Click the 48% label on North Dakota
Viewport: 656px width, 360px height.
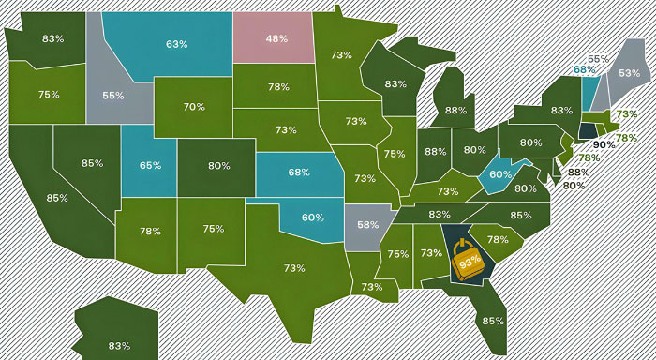pyautogui.click(x=276, y=39)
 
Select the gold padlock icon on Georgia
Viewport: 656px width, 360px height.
pyautogui.click(x=467, y=260)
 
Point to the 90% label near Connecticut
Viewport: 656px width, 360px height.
pyautogui.click(x=604, y=144)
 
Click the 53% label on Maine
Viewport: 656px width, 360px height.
pyautogui.click(x=630, y=72)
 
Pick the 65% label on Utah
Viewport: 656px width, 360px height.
pyautogui.click(x=150, y=165)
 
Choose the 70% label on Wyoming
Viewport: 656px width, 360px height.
pyautogui.click(x=194, y=107)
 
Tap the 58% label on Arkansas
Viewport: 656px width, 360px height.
pyautogui.click(x=367, y=225)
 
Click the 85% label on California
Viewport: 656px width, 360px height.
pyautogui.click(x=57, y=198)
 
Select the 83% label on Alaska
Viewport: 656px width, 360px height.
pyautogui.click(x=119, y=346)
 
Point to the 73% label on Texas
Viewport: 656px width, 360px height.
pyautogui.click(x=294, y=268)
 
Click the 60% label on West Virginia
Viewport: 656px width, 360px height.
pyautogui.click(x=500, y=173)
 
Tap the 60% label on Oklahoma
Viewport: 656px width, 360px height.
pyautogui.click(x=313, y=217)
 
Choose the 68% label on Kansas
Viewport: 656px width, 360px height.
pyautogui.click(x=299, y=172)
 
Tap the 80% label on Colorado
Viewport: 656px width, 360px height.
pyautogui.click(x=219, y=166)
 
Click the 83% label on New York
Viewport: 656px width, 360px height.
pyautogui.click(x=561, y=111)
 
